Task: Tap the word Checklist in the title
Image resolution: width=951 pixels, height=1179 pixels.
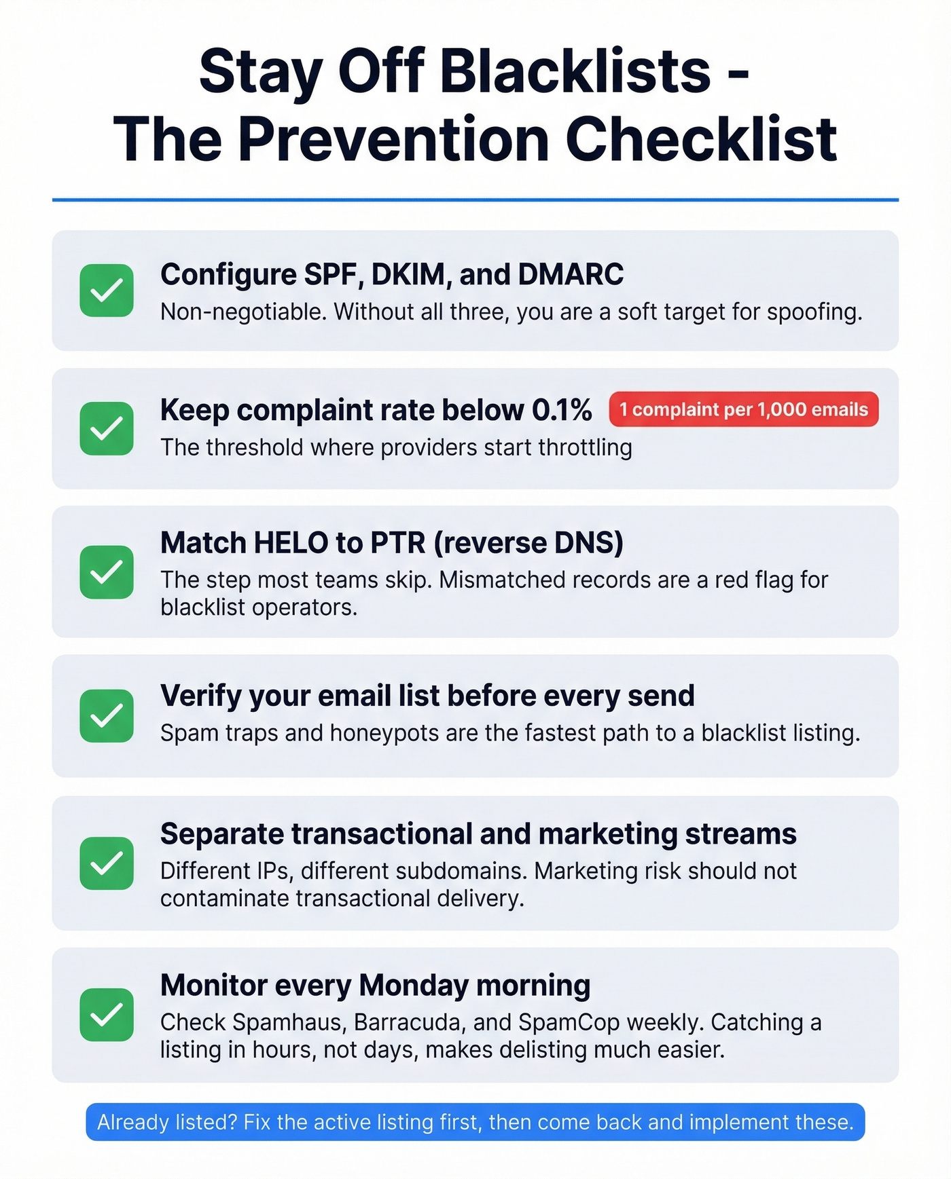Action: [x=700, y=140]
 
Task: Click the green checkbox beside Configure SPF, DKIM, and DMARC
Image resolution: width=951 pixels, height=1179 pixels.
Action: [x=107, y=291]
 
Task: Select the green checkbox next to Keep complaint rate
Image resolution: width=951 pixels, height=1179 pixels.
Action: [x=107, y=428]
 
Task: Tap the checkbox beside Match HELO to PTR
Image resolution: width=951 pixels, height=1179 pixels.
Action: [x=107, y=572]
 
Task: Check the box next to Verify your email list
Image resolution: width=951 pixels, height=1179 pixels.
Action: [x=107, y=716]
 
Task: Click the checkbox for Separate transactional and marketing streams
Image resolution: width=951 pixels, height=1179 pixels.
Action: [x=107, y=863]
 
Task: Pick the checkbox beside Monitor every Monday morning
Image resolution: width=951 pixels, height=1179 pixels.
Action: [x=107, y=1015]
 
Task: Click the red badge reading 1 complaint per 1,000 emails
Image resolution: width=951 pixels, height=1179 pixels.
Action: [x=743, y=409]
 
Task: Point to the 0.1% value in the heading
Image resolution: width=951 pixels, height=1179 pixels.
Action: [x=561, y=410]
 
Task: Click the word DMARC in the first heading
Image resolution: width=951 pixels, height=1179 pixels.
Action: [x=571, y=275]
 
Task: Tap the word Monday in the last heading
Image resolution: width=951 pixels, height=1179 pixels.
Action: [x=413, y=986]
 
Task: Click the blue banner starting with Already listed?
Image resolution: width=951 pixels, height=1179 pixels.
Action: [x=475, y=1122]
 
